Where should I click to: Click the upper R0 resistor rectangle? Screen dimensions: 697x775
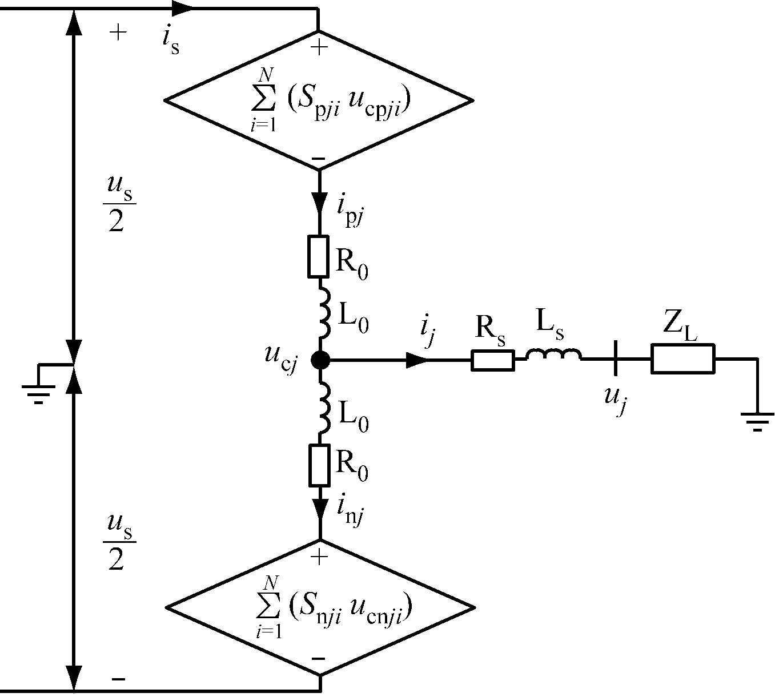coord(319,256)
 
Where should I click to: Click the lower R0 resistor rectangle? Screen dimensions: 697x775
coord(319,465)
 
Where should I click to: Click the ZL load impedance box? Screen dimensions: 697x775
coord(682,359)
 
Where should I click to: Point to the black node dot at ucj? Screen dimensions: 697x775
coord(319,360)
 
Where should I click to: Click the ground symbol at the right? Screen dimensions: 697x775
coord(757,420)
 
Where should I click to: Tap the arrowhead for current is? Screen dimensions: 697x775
coord(181,8)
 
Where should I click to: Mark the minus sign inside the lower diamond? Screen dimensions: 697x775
coord(319,658)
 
